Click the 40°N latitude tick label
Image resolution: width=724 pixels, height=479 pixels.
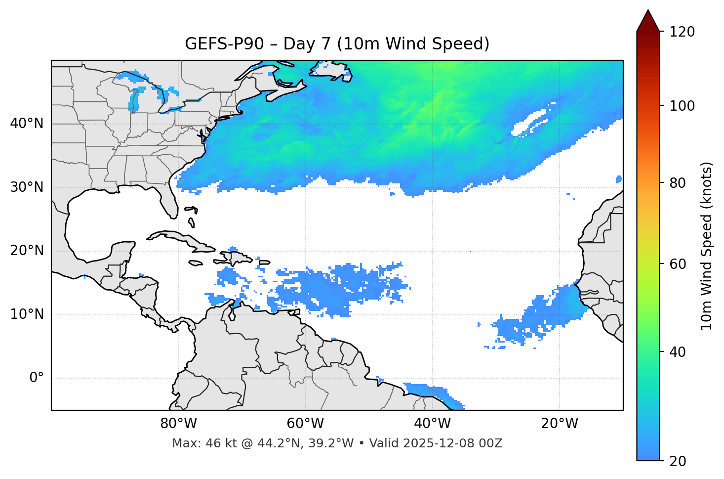tap(27, 124)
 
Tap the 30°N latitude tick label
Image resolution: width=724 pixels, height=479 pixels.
tap(27, 187)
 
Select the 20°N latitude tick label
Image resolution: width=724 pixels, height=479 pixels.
tap(27, 251)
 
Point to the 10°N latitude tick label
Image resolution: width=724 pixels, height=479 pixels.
tap(27, 314)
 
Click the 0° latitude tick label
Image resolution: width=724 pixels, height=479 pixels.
tap(37, 378)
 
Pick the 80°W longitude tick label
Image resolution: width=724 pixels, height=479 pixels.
tap(178, 424)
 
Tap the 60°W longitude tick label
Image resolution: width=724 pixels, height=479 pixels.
tap(305, 424)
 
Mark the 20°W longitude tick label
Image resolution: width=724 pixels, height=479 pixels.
tap(560, 424)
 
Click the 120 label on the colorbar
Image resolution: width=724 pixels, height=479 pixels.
tap(682, 32)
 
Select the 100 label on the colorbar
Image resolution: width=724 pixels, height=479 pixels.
tap(682, 106)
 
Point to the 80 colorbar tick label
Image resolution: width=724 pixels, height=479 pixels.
tap(677, 183)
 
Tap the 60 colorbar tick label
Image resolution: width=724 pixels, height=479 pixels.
tap(677, 264)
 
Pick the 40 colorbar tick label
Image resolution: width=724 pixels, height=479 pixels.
tap(677, 352)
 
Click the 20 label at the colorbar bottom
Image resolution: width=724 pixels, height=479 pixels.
tap(677, 461)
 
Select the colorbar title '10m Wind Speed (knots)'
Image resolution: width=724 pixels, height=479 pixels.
tap(707, 246)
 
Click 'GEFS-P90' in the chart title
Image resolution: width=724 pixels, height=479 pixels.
tap(224, 44)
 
